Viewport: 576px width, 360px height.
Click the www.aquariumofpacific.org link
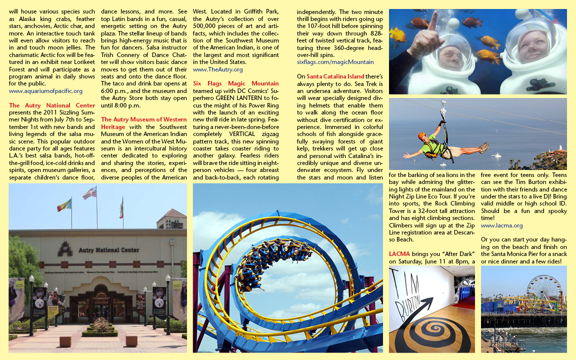tap(45, 91)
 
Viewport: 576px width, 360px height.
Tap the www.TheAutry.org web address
tap(217, 69)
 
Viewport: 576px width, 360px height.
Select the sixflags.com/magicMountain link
tap(335, 62)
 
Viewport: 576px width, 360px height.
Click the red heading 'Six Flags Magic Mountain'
tap(236, 83)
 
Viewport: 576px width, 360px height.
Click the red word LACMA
tap(399, 254)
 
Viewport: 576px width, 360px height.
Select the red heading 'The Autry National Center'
tap(52, 105)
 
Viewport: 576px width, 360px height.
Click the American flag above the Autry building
tap(90, 193)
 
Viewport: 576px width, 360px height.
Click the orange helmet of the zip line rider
tap(422, 135)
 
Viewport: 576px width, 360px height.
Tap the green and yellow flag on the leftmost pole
tap(64, 205)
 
